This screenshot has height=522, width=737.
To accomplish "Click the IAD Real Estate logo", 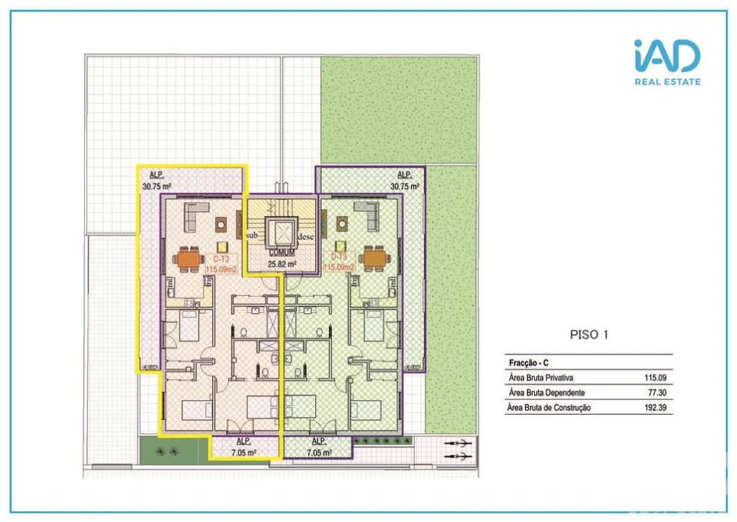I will coord(667,62).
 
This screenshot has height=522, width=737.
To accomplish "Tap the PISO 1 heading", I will coord(588,335).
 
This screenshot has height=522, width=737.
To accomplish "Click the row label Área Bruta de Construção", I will coord(549,408).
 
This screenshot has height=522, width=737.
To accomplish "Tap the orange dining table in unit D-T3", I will coord(375,257).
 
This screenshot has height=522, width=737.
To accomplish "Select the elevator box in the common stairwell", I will coord(280,233).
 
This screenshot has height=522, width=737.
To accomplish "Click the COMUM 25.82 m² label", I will coord(281,259).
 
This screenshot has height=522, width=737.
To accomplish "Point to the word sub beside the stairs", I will coord(252,236).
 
